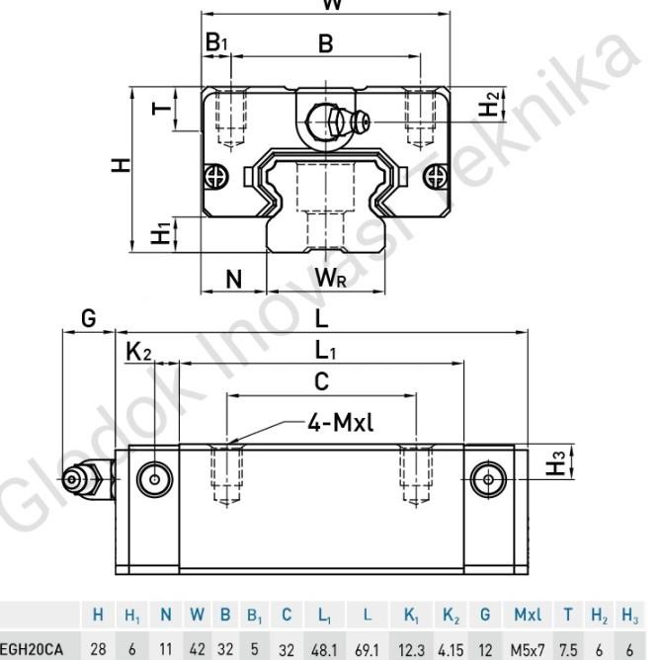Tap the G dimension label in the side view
(x=88, y=318)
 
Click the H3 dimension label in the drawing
(x=559, y=460)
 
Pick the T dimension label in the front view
(x=161, y=107)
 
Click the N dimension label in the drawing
(x=233, y=280)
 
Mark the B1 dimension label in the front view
(x=215, y=42)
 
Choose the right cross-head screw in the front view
(x=432, y=177)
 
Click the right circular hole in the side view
(x=488, y=479)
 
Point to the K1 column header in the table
(x=411, y=618)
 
